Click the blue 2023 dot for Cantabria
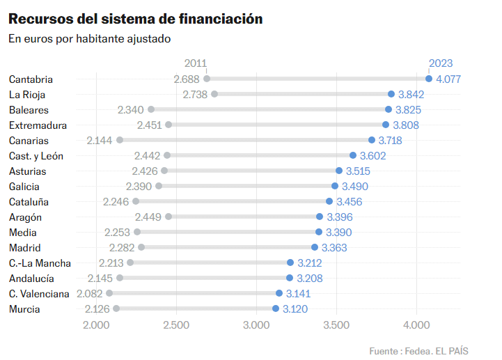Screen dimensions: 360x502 429,79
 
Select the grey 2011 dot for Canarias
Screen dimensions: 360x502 120,140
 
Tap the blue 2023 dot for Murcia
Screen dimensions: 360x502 276,308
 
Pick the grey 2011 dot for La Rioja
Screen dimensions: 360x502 214,94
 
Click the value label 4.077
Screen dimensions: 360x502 448,79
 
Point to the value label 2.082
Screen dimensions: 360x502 90,294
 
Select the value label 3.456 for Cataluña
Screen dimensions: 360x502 349,202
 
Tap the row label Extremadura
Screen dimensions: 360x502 38,125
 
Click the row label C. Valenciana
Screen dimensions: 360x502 40,294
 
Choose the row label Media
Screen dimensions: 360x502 23,233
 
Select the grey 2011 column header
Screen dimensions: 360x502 196,63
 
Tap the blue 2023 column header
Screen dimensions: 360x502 440,63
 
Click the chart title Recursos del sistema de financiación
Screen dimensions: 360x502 136,19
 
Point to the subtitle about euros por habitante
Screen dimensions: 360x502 90,39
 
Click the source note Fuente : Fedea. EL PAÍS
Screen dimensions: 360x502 418,351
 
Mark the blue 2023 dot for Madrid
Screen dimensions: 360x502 315,247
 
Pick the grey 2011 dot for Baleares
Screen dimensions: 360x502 151,109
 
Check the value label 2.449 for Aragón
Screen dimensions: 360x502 148,217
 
